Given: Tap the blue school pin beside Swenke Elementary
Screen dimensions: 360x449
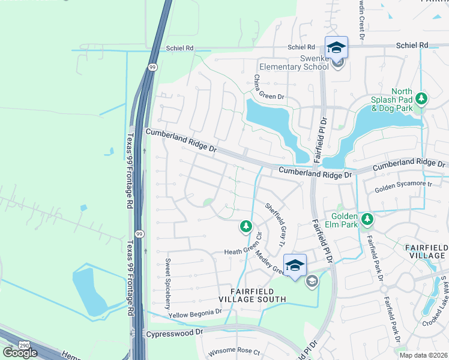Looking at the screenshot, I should click(336, 47).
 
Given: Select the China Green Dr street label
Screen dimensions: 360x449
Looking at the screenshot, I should click(267, 87).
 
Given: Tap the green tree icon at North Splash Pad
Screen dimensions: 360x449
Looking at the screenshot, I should click(421, 97).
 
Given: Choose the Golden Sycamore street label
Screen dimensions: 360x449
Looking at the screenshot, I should click(403, 188).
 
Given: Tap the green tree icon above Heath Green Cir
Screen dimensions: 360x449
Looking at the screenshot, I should click(245, 226).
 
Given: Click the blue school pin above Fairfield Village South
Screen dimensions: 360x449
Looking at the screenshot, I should click(294, 265).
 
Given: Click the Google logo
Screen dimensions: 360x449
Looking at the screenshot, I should click(19, 352).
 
